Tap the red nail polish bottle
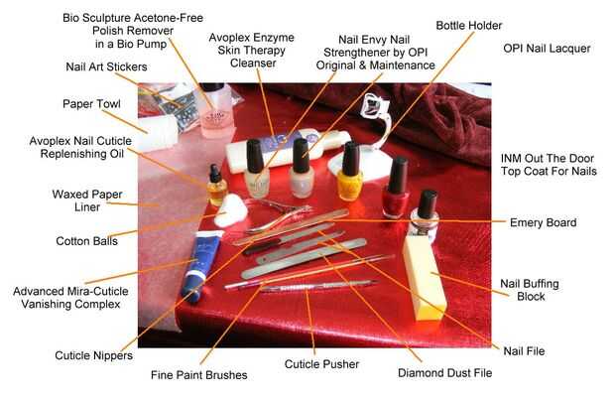pyautogui.click(x=396, y=188)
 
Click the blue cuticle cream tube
pyautogui.click(x=200, y=265)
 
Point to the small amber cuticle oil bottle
pyautogui.click(x=216, y=186)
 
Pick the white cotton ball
pyautogui.click(x=231, y=210)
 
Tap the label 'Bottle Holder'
pyautogui.click(x=469, y=26)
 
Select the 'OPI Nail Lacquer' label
pyautogui.click(x=547, y=49)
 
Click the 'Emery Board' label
pyautogui.click(x=543, y=222)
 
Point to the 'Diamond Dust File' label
pyautogui.click(x=444, y=372)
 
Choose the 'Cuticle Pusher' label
pyautogui.click(x=321, y=364)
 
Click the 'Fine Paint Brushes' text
pyautogui.click(x=198, y=375)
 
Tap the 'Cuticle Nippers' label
pyautogui.click(x=94, y=355)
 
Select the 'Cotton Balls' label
pyautogui.click(x=86, y=240)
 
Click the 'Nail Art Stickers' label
pyautogui.click(x=106, y=67)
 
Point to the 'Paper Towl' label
pyautogui.click(x=91, y=104)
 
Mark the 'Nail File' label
pyautogui.click(x=524, y=351)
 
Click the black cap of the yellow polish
pyautogui.click(x=350, y=159)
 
